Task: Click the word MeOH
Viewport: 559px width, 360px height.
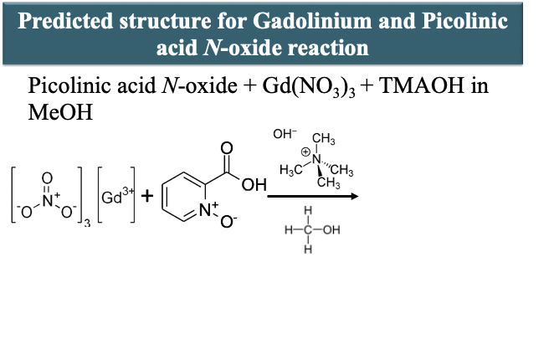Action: [56, 113]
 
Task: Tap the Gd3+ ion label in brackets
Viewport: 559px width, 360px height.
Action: [115, 198]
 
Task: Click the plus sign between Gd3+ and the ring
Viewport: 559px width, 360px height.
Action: [147, 197]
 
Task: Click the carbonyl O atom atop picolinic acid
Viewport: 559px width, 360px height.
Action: [225, 148]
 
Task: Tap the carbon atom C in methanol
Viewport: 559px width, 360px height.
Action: [307, 230]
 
